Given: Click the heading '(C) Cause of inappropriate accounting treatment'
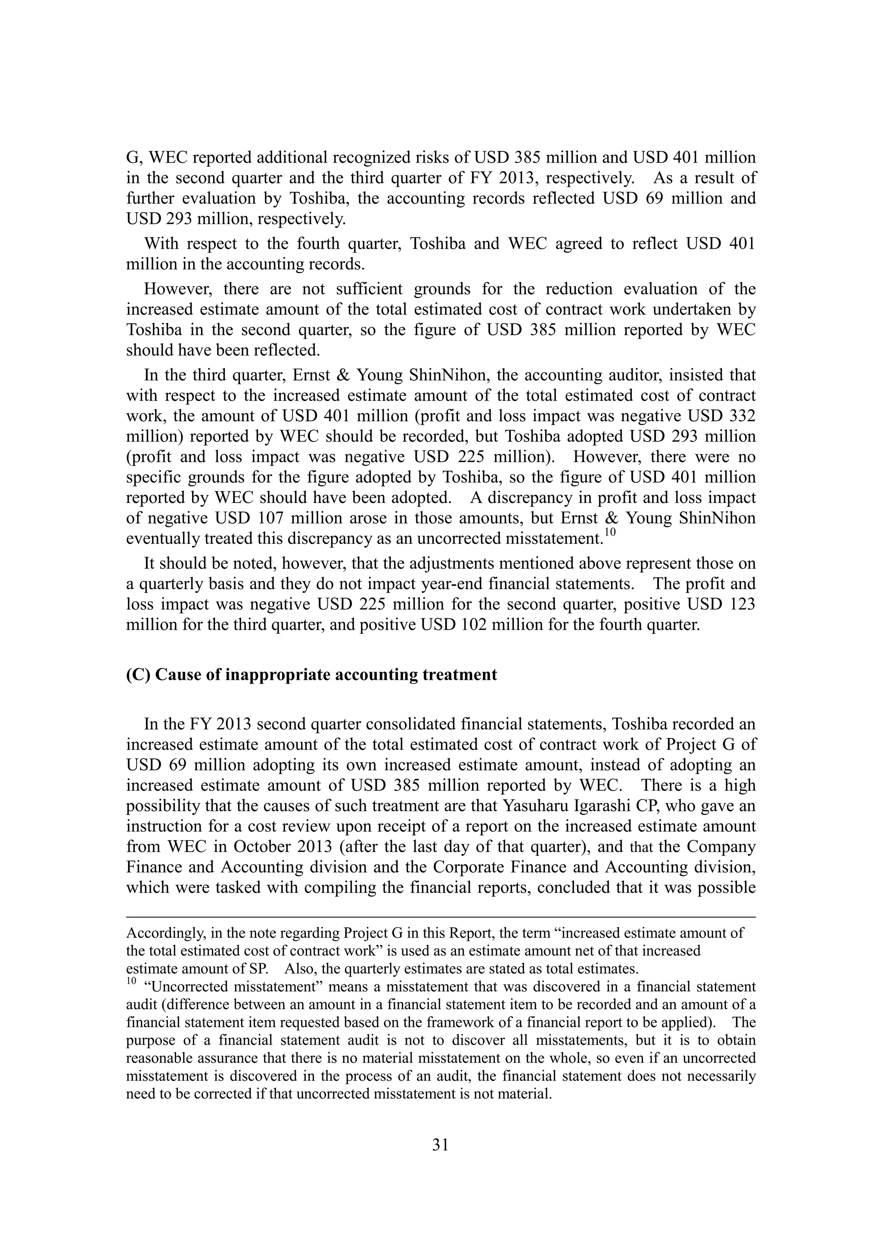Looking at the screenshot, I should tap(311, 675).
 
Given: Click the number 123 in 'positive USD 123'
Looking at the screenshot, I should tap(740, 604).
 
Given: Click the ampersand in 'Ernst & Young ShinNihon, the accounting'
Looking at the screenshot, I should tap(341, 375).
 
